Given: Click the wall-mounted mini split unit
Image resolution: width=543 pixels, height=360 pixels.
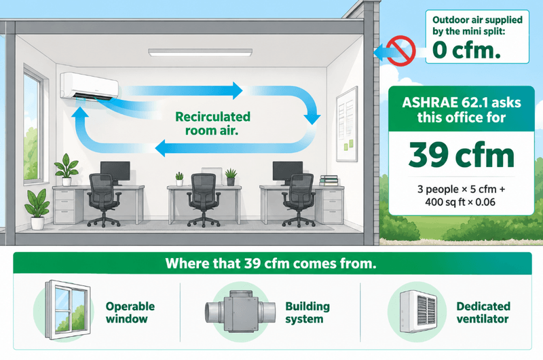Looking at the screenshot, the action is point(90,86).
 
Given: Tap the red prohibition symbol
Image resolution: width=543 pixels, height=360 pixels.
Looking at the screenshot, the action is point(400,50).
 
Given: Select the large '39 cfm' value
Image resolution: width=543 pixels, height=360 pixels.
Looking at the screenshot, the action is point(462,155).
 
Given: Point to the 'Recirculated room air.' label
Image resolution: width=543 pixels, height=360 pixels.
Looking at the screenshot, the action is point(212,124).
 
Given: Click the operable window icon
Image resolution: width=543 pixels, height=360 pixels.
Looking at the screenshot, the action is point(68,310).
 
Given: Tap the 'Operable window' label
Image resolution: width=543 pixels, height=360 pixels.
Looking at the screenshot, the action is point(130,312).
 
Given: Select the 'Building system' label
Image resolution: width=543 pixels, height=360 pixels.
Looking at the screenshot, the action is point(307,312).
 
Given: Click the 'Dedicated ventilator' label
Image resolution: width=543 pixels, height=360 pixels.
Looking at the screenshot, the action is point(483,312).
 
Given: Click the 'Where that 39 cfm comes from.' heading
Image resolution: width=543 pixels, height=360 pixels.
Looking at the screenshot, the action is point(271,264).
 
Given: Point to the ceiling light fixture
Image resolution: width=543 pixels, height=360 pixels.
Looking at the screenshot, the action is point(200,52).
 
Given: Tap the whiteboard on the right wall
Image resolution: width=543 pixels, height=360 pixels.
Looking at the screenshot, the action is point(347,124).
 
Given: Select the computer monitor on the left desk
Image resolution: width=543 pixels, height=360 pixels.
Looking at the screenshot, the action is point(115,173).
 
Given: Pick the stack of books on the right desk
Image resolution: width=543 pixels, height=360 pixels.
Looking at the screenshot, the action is point(329,181).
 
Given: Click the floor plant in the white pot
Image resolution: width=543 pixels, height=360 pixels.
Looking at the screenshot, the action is point(37,209).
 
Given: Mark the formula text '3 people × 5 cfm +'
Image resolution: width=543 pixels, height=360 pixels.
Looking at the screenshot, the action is point(461,190).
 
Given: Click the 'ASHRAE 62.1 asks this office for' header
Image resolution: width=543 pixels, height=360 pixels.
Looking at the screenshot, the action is point(462,110).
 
